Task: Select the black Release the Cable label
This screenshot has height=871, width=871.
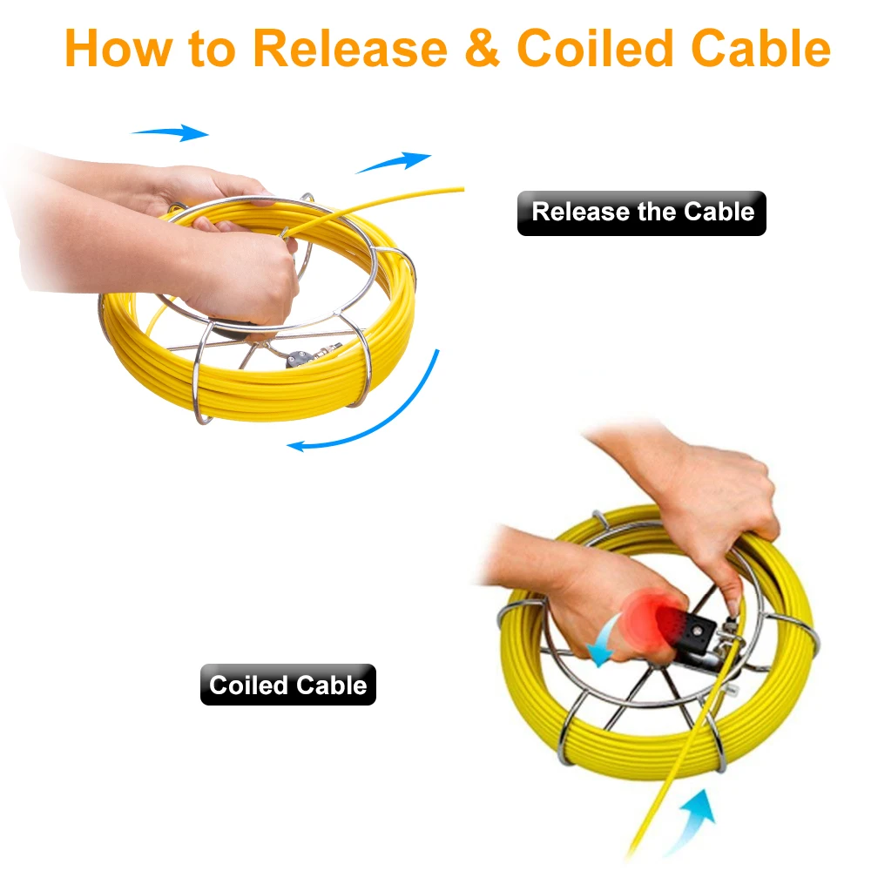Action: pos(642,213)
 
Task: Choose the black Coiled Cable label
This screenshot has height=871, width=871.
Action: pos(288,685)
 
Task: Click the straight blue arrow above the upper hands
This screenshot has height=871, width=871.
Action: pos(170,133)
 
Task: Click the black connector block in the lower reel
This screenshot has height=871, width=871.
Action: pos(697,629)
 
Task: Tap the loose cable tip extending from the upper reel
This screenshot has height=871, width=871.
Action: pos(453,189)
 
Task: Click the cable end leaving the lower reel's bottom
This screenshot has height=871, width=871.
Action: pos(640,836)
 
